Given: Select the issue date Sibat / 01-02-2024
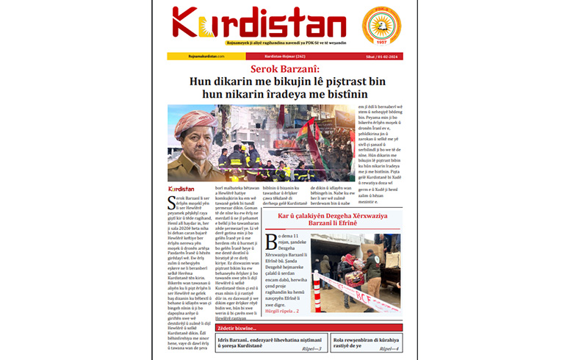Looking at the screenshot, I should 384,57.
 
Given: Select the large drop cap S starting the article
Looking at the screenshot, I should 172,201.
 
